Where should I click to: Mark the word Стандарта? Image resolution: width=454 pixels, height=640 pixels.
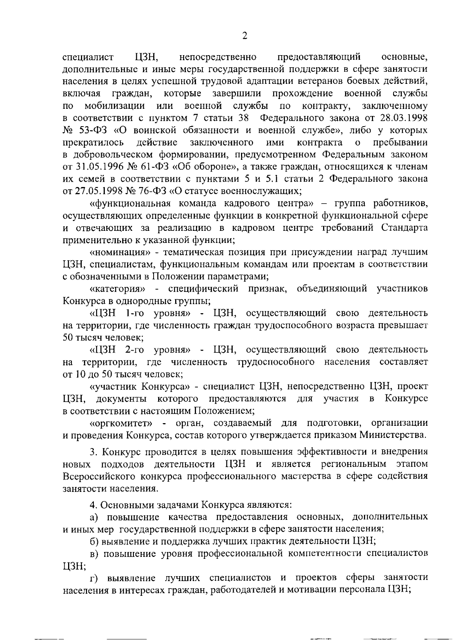pyautogui.click(x=404, y=228)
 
